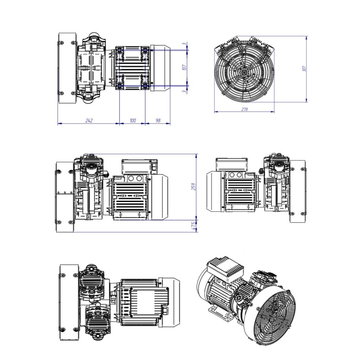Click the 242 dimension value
click(x=89, y=121)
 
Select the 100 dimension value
click(x=133, y=121)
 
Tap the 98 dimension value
click(x=158, y=121)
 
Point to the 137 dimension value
click(x=184, y=67)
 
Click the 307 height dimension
click(x=304, y=69)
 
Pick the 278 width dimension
click(x=244, y=109)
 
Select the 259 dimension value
click(x=194, y=187)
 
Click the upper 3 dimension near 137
click(x=184, y=44)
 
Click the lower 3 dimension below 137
click(x=184, y=91)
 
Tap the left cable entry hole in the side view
click(x=131, y=178)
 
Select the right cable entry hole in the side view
click(x=139, y=178)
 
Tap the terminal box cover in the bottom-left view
click(x=150, y=301)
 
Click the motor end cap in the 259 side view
click(x=159, y=197)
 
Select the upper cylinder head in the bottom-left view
click(x=91, y=277)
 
